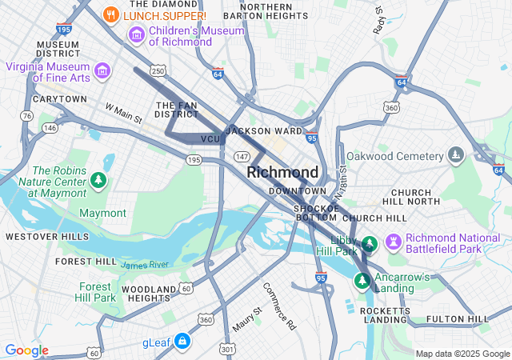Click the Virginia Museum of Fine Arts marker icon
(102, 71)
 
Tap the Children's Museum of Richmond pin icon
(136, 35)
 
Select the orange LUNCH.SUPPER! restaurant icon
(112, 14)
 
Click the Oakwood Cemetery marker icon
(456, 154)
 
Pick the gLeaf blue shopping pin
(182, 342)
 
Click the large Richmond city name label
(282, 172)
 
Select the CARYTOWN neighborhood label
(59, 99)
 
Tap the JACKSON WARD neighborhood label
(264, 130)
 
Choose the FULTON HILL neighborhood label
(458, 319)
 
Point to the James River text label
(145, 265)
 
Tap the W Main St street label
(123, 113)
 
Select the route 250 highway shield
(159, 72)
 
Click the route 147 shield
(242, 157)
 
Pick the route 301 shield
(229, 349)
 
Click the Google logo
(26, 350)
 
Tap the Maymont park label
(102, 213)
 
